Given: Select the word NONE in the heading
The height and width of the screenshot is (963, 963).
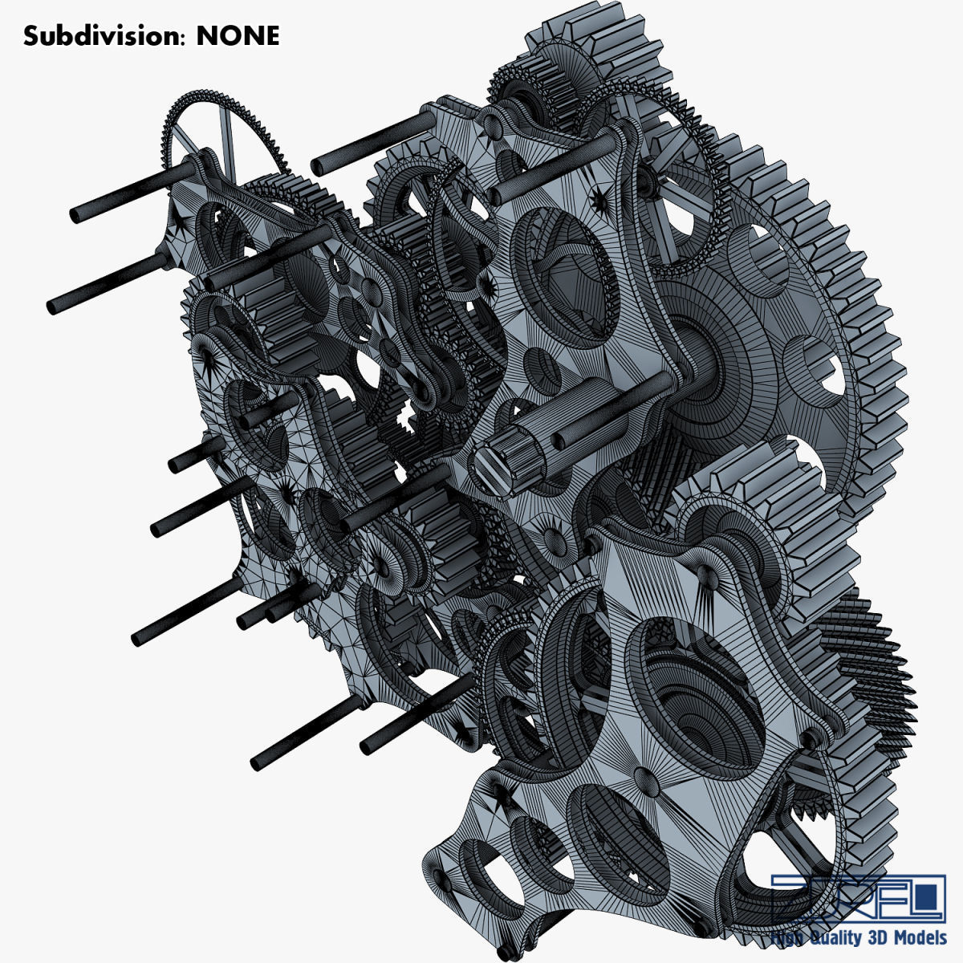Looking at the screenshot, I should click(x=238, y=36).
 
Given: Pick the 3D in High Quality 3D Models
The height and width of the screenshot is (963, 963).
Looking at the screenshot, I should click(x=877, y=938).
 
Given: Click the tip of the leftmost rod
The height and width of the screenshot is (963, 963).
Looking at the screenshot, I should click(x=55, y=306).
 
